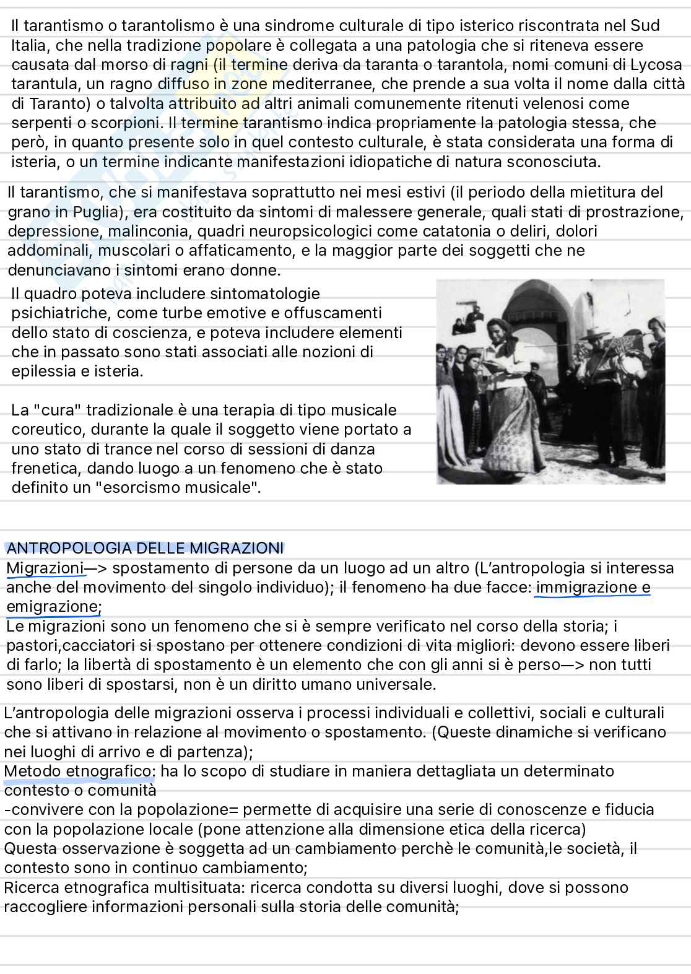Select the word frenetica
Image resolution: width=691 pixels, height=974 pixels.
click(x=47, y=468)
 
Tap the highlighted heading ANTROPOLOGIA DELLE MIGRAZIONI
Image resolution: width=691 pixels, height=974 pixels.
click(x=145, y=548)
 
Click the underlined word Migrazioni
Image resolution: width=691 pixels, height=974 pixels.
click(x=45, y=568)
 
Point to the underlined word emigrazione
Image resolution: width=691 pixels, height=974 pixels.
click(x=54, y=606)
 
